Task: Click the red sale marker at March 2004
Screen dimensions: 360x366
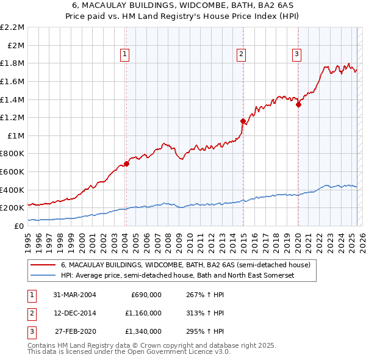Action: pos(127,164)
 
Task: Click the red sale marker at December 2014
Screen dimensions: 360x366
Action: pos(243,121)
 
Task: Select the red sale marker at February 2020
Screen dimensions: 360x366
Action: pos(299,104)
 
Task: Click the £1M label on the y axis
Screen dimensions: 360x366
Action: pos(16,135)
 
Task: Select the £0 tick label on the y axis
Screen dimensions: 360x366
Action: pos(20,226)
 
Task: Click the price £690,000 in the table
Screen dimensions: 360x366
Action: pos(146,294)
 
